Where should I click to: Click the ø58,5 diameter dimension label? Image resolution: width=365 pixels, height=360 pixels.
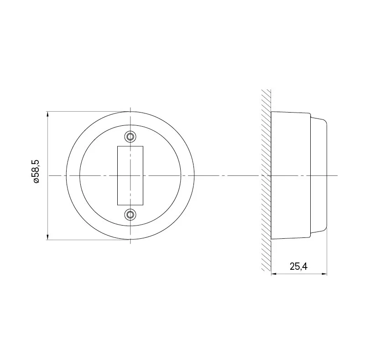[36, 171]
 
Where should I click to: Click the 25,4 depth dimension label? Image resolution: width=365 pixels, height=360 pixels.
[298, 266]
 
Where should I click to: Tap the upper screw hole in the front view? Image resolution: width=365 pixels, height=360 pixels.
[130, 137]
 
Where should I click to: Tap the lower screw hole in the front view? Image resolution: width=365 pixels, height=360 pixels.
[130, 215]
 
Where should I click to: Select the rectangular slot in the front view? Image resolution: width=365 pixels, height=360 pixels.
[130, 175]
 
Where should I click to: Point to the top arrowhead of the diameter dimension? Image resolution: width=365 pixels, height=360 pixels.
[48, 115]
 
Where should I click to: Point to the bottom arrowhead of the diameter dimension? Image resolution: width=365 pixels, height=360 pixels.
[48, 237]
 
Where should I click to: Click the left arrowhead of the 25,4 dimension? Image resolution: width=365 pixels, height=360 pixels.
[274, 274]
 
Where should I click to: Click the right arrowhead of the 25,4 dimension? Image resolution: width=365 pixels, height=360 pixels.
[324, 274]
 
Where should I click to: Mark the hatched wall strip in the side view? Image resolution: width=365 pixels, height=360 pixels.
[266, 180]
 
